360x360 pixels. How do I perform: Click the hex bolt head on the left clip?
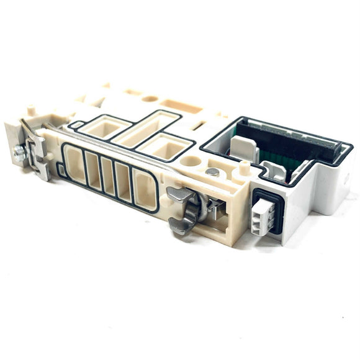tap(20, 152)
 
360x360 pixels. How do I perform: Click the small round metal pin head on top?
tap(212, 172)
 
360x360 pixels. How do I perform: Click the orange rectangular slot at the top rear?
tap(184, 107)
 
